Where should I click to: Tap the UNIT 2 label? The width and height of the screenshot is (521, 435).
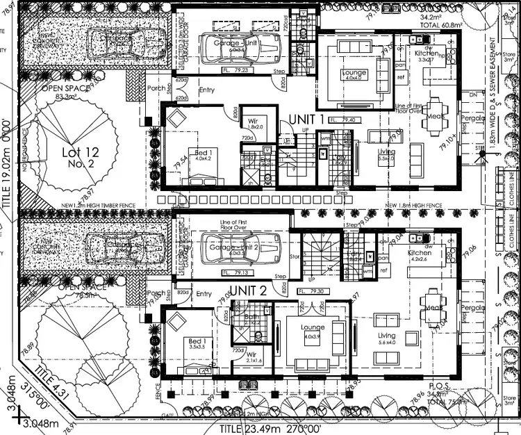click(247, 289)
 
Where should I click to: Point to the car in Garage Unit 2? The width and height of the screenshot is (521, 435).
click(238, 248)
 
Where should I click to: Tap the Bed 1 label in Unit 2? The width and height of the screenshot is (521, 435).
click(197, 341)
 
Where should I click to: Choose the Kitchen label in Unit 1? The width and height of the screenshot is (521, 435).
click(427, 53)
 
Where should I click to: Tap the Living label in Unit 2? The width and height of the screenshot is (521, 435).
click(386, 336)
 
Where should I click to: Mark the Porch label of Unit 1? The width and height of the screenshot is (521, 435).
click(157, 88)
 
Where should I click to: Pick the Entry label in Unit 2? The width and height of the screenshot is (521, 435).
click(204, 294)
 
